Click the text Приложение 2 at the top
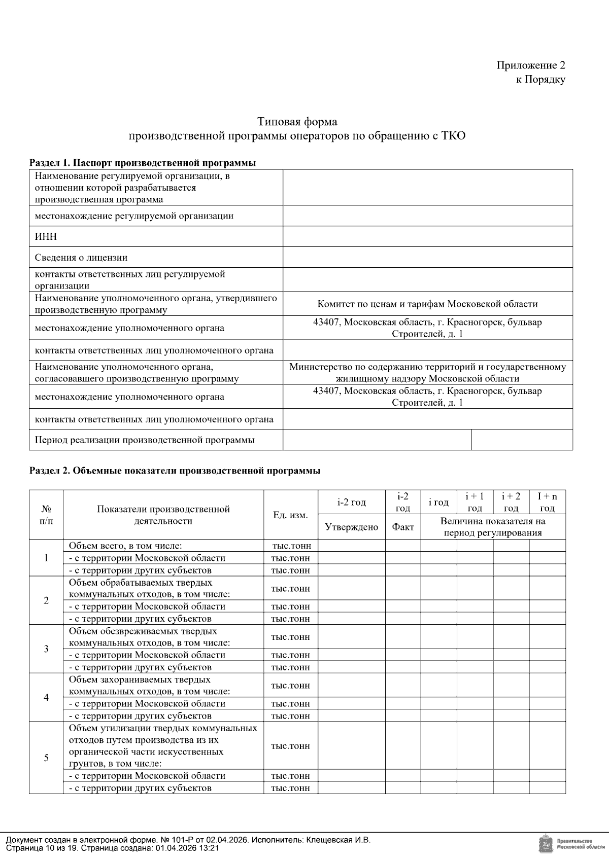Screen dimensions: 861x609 (530, 65)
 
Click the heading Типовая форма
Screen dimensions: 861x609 (297, 122)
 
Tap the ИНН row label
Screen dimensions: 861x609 (46, 237)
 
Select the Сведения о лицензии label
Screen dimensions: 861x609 (81, 258)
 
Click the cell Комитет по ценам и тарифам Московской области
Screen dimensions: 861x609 (427, 304)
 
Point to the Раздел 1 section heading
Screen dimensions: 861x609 (142, 163)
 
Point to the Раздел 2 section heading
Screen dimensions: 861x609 (175, 471)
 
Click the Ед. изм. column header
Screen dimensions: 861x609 (290, 515)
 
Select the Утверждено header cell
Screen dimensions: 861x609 (351, 527)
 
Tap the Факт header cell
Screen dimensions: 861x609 (403, 527)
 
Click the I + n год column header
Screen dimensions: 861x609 (547, 502)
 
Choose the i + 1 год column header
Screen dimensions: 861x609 (475, 502)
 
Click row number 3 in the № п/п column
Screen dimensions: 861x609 (46, 649)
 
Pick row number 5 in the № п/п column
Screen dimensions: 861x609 (46, 758)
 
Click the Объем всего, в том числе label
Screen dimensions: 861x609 (125, 546)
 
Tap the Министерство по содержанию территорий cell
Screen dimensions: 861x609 (427, 373)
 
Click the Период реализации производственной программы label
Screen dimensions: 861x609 (145, 440)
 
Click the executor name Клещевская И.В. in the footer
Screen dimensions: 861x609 (339, 840)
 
